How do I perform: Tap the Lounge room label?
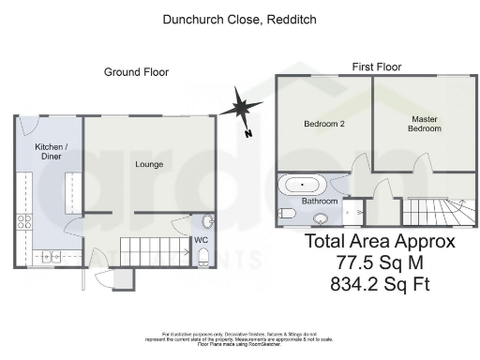click(x=148, y=165)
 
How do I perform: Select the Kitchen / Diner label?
click(x=50, y=153)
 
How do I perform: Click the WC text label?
click(x=201, y=241)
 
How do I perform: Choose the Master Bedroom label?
click(x=425, y=125)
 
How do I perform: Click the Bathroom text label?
click(x=319, y=202)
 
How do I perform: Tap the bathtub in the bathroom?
click(x=303, y=184)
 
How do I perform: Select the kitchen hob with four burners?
click(x=23, y=223)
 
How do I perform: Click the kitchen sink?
click(x=50, y=255)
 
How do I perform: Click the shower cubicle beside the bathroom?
click(x=352, y=213)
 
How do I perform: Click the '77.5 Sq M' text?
click(x=381, y=262)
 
